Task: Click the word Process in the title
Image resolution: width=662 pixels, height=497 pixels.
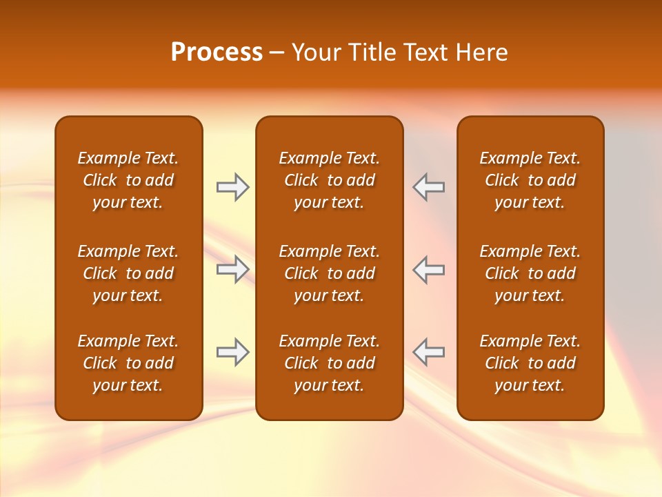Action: point(217,52)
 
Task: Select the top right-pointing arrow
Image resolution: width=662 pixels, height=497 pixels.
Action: point(232,187)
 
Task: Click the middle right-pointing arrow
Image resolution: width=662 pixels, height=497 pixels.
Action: point(232,269)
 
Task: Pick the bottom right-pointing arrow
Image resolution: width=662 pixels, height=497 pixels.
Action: point(232,352)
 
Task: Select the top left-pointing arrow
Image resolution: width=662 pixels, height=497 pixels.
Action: point(429,187)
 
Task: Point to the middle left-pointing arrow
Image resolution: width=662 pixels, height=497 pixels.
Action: point(429,269)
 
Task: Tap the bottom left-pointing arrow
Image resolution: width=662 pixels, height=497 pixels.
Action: point(429,352)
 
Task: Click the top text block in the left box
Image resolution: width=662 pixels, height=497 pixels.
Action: point(128,180)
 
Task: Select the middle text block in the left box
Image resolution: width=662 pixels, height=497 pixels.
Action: point(128,273)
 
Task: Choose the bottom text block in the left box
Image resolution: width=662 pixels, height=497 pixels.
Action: point(128,363)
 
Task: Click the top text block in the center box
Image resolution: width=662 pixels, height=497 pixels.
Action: point(329,180)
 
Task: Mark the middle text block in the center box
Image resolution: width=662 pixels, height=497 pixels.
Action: point(329,273)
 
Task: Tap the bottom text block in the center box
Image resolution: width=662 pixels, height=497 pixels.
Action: point(329,363)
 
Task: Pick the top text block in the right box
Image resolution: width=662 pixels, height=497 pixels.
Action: point(530,180)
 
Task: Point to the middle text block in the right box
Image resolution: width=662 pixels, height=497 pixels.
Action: point(530,273)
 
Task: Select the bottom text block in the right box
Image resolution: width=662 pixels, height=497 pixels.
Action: point(530,363)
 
